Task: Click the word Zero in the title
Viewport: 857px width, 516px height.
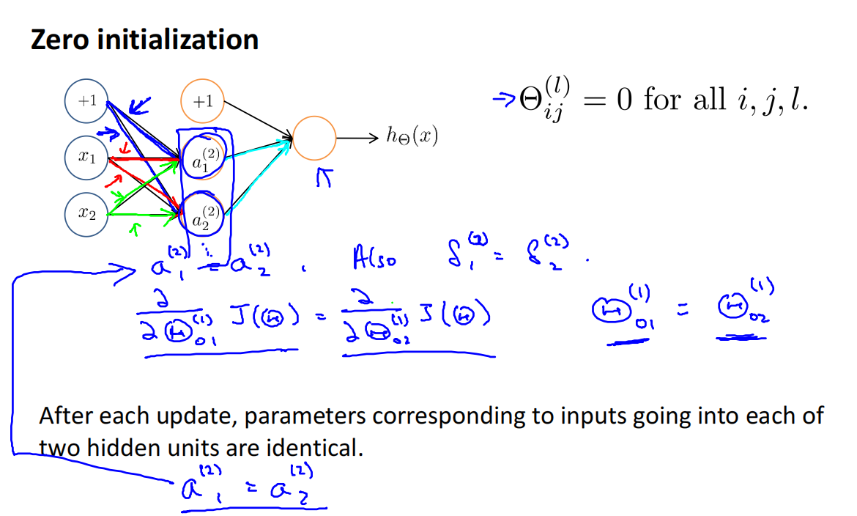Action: coord(62,39)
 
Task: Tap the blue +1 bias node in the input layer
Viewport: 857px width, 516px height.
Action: coord(87,101)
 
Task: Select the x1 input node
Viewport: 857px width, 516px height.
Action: coord(87,157)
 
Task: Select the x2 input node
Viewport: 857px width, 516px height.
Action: coord(87,213)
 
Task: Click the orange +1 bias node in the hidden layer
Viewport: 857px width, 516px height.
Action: coord(202,101)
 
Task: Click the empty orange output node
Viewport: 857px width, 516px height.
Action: coord(314,136)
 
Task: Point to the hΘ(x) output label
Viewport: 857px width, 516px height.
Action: coord(412,137)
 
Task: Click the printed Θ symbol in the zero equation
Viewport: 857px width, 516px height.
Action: coord(530,100)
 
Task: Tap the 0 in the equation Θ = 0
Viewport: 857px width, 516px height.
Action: coord(624,100)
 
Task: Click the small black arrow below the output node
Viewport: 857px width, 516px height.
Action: coord(322,178)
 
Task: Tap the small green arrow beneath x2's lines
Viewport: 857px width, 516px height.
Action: coord(133,229)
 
